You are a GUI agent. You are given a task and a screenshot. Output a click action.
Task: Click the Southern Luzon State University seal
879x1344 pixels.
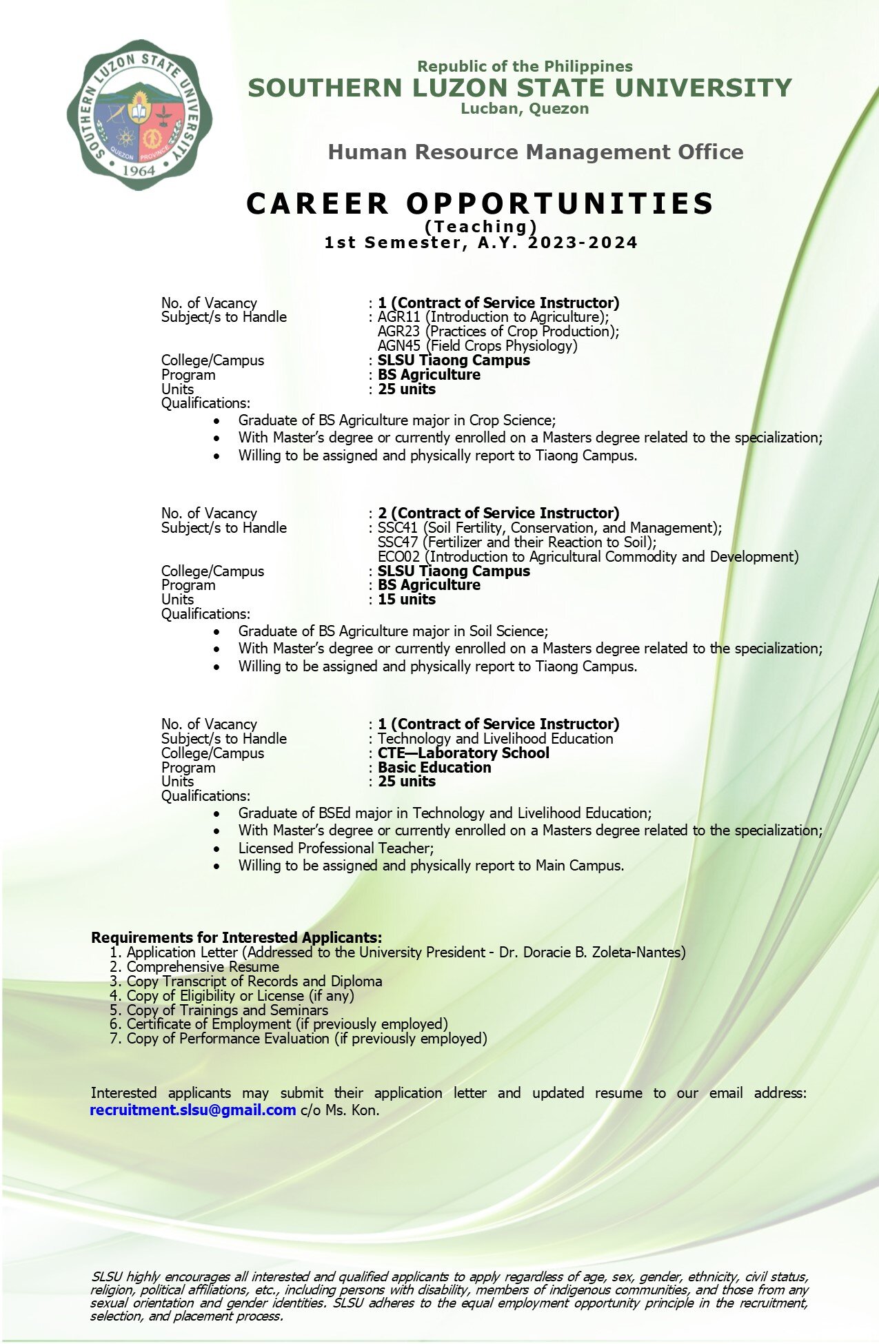[139, 114]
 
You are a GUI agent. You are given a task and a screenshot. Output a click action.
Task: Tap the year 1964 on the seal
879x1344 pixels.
[139, 170]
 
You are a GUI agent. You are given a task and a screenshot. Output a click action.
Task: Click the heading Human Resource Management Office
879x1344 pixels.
[535, 152]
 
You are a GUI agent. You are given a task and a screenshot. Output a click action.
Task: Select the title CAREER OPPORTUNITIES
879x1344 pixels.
[480, 203]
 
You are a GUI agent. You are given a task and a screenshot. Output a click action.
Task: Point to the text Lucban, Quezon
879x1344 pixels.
[525, 108]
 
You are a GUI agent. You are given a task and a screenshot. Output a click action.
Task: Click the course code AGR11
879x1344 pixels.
[398, 317]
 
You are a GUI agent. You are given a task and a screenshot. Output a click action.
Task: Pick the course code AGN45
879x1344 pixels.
[398, 346]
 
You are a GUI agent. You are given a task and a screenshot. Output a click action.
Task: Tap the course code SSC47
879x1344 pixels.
[398, 542]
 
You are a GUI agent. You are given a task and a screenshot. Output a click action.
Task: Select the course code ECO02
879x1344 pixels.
[398, 557]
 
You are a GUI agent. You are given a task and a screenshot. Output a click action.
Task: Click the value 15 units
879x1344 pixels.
[406, 600]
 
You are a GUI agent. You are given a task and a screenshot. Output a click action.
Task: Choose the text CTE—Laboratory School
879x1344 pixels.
[463, 753]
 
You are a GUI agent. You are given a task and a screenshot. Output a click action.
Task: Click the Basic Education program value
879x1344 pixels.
[434, 767]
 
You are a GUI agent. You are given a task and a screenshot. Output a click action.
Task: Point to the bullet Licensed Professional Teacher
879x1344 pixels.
[336, 848]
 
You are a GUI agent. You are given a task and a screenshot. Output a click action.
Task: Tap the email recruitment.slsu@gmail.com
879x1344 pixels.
[193, 1110]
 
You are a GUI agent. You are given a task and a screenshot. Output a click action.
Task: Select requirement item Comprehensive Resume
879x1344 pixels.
[203, 967]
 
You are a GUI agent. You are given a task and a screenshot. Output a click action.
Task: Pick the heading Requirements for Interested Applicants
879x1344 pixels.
[236, 937]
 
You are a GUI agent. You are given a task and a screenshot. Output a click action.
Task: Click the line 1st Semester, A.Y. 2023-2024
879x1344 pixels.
[481, 243]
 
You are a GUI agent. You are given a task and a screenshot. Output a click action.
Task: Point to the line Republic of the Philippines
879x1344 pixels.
[525, 66]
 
